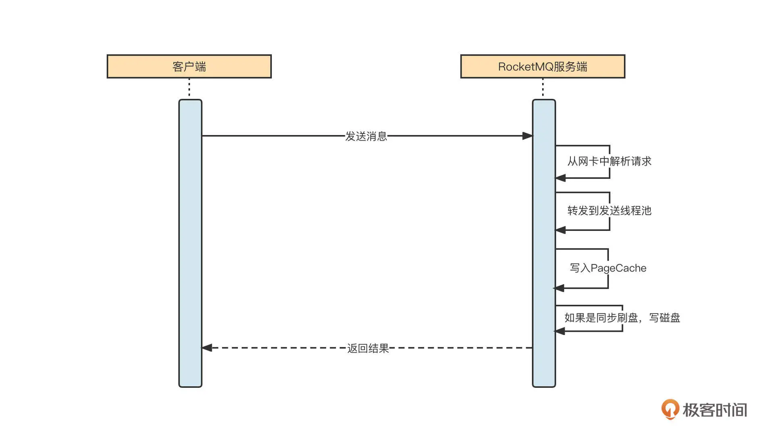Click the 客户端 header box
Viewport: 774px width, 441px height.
pos(189,67)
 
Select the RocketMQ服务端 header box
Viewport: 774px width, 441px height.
pos(543,67)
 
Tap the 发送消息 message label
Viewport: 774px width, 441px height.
pos(366,136)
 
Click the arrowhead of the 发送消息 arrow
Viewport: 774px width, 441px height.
pos(527,136)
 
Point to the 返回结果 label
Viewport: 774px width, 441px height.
pos(368,348)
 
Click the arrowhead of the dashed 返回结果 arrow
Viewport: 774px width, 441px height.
pos(207,348)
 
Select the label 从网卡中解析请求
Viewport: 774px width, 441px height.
pos(609,161)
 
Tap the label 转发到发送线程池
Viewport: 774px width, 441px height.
pos(609,211)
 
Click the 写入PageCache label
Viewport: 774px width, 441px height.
pos(608,268)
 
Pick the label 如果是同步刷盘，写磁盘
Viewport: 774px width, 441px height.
pos(622,318)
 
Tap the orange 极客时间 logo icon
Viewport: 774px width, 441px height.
pos(670,409)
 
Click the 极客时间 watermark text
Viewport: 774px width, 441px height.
pos(715,410)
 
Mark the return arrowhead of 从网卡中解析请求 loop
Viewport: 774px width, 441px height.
pos(561,178)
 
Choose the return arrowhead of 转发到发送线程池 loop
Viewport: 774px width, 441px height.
pos(561,230)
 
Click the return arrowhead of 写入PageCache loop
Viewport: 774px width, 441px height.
pos(559,288)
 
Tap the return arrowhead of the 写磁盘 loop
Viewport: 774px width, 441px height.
pos(560,331)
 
